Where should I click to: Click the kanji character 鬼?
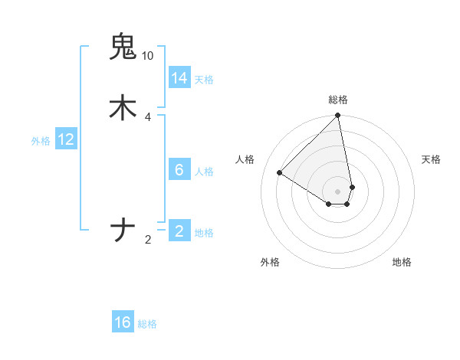[123, 47]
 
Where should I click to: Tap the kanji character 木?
[123, 107]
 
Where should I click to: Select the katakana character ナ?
[123, 230]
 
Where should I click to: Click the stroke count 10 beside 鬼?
[147, 56]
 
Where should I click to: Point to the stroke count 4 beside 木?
[147, 116]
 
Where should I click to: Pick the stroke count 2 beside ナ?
[148, 240]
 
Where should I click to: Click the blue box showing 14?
[179, 78]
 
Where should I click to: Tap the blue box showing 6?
[179, 170]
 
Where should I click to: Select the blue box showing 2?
[179, 231]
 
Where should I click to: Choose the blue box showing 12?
[66, 139]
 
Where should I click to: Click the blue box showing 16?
[123, 322]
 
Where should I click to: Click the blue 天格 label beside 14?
[204, 80]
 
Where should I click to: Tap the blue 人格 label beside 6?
[204, 172]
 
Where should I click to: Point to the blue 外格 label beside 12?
[41, 141]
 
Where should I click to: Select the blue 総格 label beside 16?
[147, 324]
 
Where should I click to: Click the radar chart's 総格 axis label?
[338, 100]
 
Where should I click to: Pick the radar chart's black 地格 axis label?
[402, 262]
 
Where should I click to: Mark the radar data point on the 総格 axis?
[338, 116]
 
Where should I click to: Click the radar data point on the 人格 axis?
[280, 173]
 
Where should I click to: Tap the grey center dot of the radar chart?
[338, 191]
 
